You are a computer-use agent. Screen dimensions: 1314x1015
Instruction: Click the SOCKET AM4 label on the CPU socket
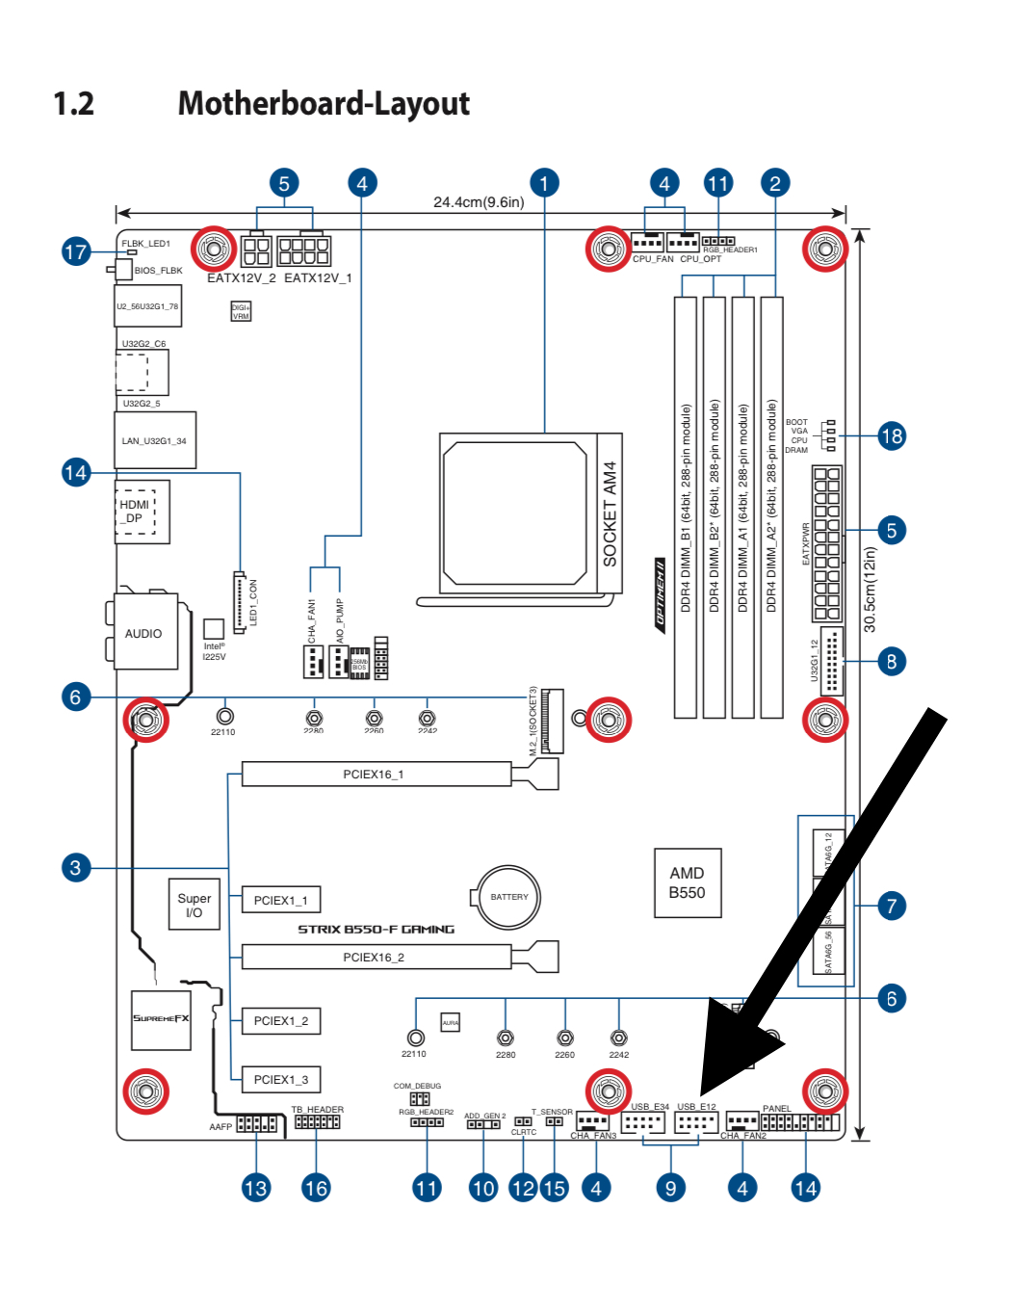coord(610,513)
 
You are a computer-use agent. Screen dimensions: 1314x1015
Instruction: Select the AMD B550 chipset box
coord(687,882)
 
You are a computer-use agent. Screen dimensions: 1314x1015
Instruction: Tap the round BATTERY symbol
coord(508,897)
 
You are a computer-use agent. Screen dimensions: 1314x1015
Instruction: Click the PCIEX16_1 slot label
coord(374,775)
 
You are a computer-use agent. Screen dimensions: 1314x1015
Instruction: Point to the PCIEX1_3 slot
coord(280,1080)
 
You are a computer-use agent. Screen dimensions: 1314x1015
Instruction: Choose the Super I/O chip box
coord(194,905)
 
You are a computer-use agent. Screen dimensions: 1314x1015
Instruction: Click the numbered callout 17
coord(76,252)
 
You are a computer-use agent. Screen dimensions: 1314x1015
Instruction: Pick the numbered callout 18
coord(892,436)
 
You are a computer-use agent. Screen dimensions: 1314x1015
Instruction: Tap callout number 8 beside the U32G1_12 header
coord(892,662)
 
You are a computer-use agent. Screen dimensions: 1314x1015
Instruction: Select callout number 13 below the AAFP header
coord(256,1189)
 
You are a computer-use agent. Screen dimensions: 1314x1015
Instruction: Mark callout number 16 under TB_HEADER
coord(316,1189)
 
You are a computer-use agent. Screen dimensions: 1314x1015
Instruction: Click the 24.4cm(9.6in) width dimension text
coord(479,202)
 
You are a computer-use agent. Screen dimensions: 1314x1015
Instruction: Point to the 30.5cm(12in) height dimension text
coord(871,590)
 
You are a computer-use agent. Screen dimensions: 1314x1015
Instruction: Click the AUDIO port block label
coord(143,634)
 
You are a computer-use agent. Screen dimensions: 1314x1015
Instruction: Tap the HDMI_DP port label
coord(135,512)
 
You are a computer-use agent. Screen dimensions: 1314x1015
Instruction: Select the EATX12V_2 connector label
coord(242,278)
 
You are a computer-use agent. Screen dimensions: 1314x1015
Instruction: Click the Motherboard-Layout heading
coord(324,104)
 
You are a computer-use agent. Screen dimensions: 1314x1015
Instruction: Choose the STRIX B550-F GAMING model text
coord(376,930)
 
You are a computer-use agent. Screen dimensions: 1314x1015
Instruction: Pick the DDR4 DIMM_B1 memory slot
coord(685,508)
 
